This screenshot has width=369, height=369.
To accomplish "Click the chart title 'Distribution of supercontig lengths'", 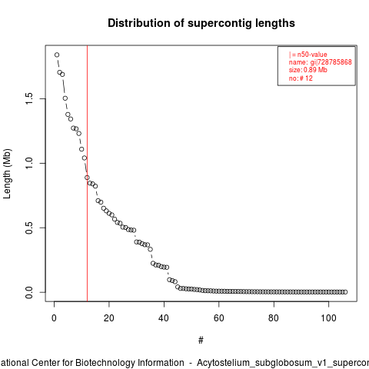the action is click(201, 23).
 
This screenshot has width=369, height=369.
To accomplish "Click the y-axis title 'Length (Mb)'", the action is click(7, 174).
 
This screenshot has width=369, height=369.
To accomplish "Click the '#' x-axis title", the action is click(201, 341).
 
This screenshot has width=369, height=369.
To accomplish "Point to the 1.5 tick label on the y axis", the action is click(29, 98).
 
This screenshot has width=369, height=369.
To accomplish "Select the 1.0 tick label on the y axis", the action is click(29, 163).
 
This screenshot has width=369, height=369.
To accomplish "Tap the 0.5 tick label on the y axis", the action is click(29, 228).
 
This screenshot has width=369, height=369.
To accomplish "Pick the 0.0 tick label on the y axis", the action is click(29, 292).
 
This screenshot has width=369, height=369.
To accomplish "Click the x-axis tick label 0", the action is click(54, 318).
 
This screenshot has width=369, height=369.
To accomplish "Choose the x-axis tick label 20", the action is click(109, 318).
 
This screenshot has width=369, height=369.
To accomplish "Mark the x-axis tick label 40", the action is click(164, 318).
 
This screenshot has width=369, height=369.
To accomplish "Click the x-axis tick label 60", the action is click(219, 318).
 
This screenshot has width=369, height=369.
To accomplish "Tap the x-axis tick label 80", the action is click(274, 318).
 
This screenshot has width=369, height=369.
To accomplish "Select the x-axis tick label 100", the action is click(328, 318).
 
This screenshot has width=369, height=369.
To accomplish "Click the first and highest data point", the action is click(57, 55).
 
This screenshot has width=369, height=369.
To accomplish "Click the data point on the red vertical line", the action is click(87, 178).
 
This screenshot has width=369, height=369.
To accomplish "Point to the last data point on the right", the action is click(345, 292).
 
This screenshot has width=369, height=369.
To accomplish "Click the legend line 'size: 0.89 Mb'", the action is click(308, 70).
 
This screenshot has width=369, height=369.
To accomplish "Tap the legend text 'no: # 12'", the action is click(301, 78).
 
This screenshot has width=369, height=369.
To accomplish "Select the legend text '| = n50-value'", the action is click(308, 55).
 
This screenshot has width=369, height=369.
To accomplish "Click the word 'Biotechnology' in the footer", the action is click(130, 363).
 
